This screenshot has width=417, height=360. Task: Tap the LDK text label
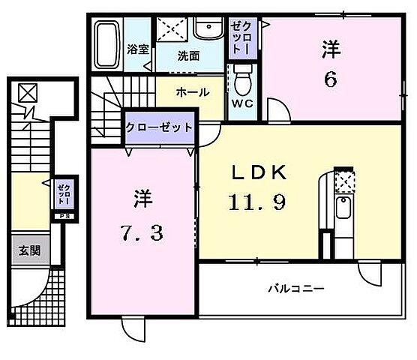(x=258, y=172)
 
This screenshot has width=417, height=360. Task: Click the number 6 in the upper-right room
(x=331, y=78)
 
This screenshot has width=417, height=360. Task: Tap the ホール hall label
(x=191, y=93)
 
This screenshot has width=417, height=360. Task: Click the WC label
(x=241, y=103)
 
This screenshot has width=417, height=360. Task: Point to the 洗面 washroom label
(x=188, y=55)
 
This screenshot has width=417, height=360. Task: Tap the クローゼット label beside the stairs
(x=159, y=127)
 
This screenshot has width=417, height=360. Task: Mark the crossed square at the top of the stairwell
(x=27, y=93)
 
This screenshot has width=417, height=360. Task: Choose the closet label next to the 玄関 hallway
(x=63, y=194)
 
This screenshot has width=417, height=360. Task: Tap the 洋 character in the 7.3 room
(x=142, y=199)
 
